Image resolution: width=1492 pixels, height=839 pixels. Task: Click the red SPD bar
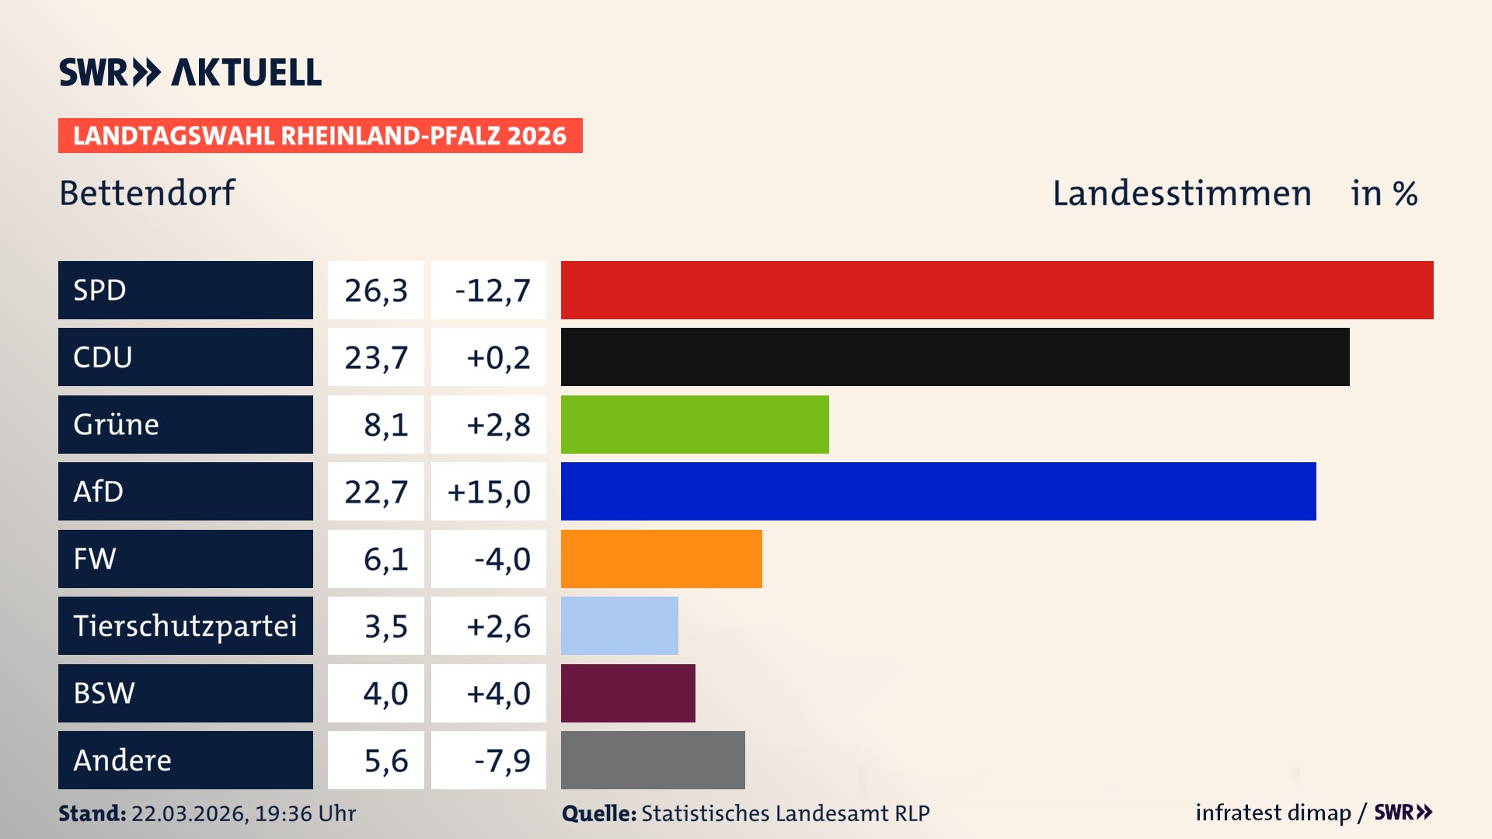pos(997,290)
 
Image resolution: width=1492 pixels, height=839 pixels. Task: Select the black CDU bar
pos(955,357)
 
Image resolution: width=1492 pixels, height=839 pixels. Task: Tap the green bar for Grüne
pos(695,424)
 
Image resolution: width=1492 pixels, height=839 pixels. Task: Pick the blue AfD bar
pos(938,491)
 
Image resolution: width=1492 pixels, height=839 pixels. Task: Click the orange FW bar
pos(661,559)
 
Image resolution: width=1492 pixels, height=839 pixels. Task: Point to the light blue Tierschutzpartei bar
pos(619,625)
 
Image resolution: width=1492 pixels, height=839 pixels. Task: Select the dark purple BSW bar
pos(628,693)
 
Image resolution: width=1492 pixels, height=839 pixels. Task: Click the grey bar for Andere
pos(653,760)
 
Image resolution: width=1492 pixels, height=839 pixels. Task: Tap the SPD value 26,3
pos(376,291)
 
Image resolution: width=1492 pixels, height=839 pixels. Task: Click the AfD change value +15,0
pos(489,492)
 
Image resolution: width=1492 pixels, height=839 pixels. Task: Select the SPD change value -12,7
pos(492,291)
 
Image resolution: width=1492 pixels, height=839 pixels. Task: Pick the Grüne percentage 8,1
pos(385,425)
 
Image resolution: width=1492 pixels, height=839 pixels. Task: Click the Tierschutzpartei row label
pos(185,625)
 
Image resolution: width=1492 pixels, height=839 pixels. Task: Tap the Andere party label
pos(123,760)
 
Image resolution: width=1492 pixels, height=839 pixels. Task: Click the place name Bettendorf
pos(147,193)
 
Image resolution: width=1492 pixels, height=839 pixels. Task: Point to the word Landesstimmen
pos(1181,193)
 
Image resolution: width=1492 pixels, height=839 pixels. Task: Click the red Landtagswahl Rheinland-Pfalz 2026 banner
pos(320,136)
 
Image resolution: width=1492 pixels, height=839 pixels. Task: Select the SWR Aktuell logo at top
pos(190,72)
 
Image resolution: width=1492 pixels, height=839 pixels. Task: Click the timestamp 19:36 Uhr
pos(305,813)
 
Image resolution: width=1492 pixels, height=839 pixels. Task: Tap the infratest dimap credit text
pos(1273,813)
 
